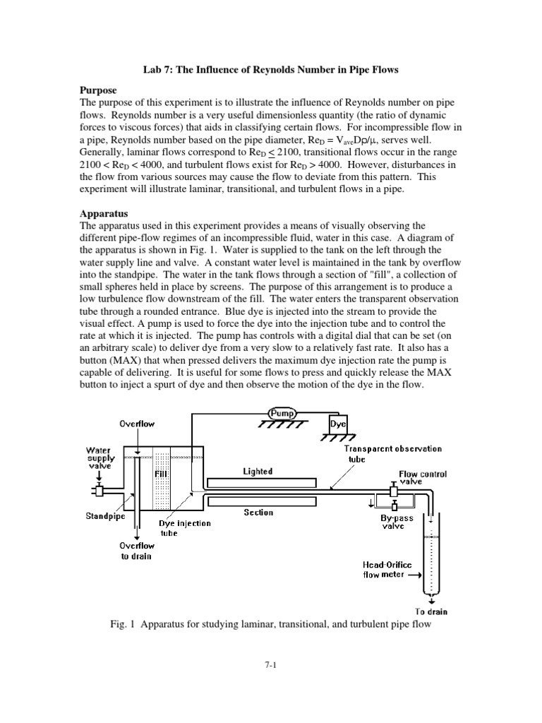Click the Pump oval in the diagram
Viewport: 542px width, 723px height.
pyautogui.click(x=282, y=412)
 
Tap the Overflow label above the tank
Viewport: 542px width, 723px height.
pyautogui.click(x=137, y=424)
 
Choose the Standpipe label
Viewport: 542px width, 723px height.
pyautogui.click(x=105, y=516)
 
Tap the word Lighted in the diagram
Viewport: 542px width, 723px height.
pyautogui.click(x=258, y=471)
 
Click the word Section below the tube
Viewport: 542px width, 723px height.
pyautogui.click(x=258, y=513)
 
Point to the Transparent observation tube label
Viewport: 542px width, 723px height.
pyautogui.click(x=393, y=453)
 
